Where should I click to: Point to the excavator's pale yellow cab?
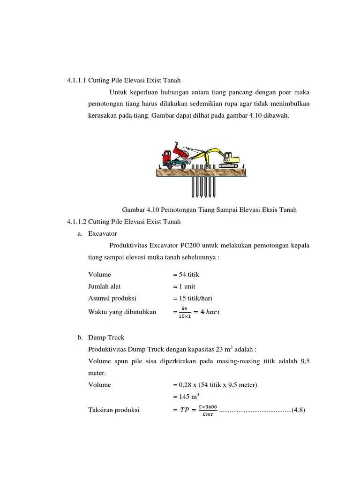[229, 156]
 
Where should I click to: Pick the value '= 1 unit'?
[184, 286]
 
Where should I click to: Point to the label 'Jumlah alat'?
[105, 286]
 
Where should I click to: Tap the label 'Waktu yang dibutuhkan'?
[122, 312]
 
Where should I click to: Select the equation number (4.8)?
[299, 410]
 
